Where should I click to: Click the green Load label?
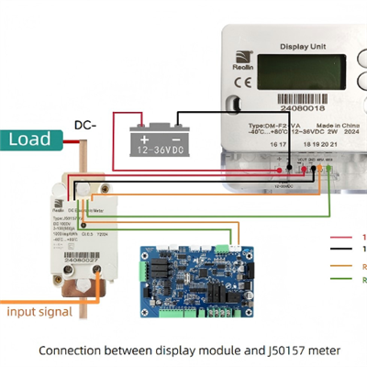pos(29,139)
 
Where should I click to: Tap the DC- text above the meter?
pos(85,124)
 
